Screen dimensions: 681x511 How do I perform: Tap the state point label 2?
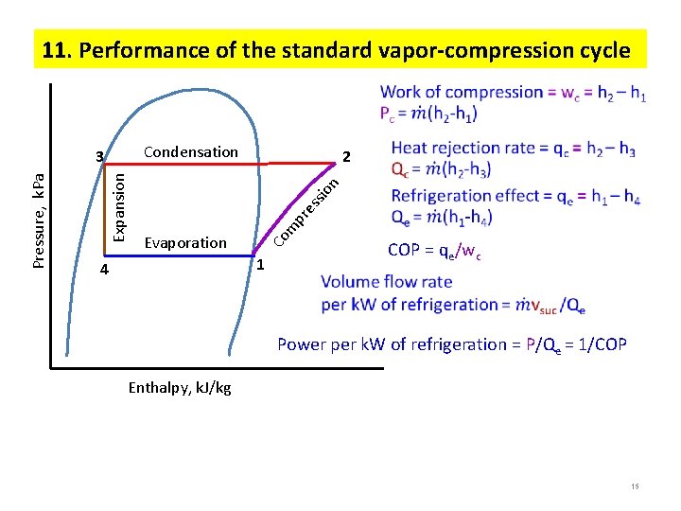coord(347,156)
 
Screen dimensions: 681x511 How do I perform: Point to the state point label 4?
coord(105,271)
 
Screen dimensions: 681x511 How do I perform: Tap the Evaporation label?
coord(185,243)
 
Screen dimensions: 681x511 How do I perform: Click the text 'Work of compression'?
coord(462,92)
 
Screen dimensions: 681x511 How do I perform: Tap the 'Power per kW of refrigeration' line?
coord(452,344)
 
